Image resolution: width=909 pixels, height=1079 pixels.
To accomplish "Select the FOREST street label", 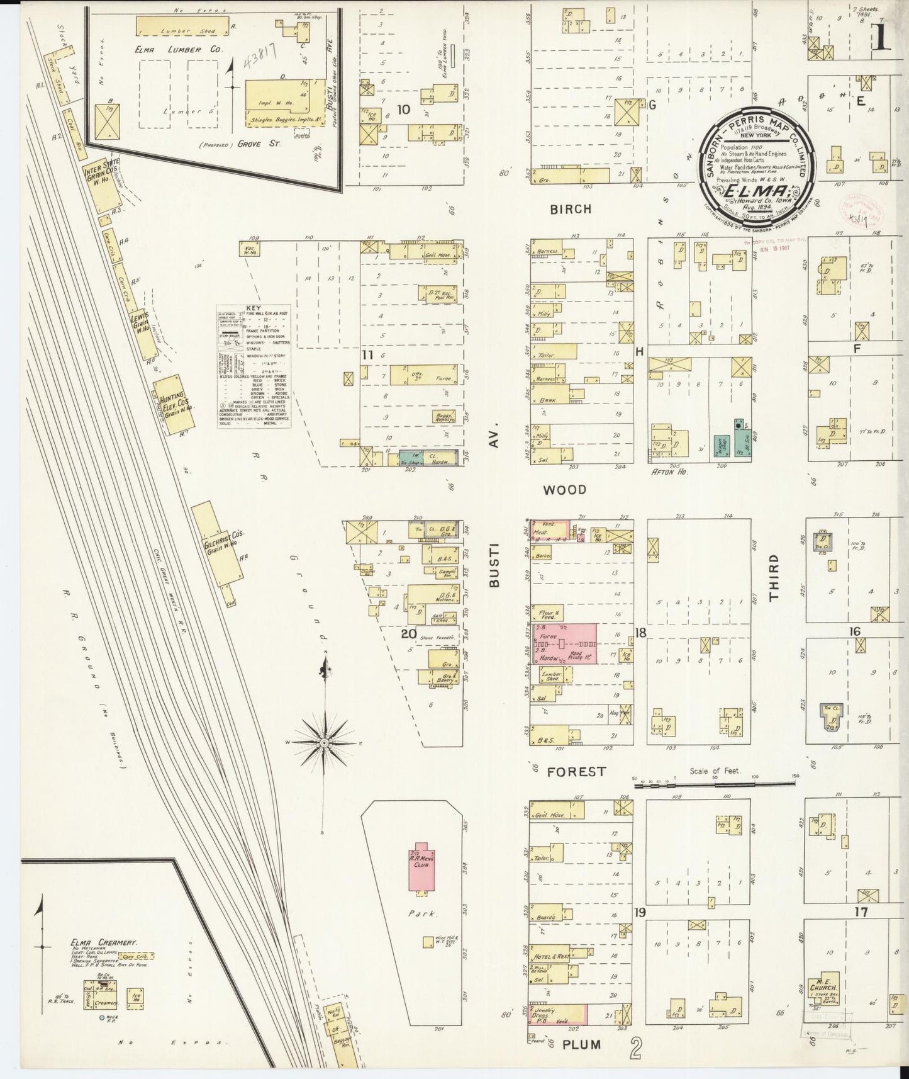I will pos(576,771).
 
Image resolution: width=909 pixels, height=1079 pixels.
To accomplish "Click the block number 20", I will pos(410,633).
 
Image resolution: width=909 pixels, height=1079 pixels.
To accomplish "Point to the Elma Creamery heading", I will pos(103,942).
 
